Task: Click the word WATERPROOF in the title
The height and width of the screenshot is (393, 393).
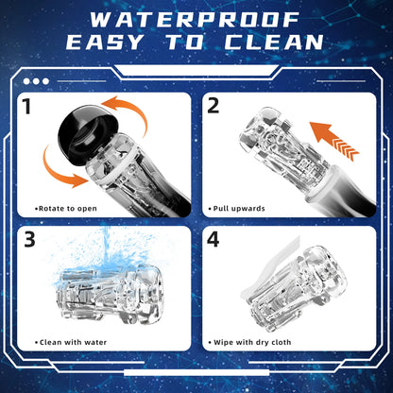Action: click(x=195, y=20)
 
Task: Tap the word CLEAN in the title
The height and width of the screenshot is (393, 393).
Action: click(x=274, y=42)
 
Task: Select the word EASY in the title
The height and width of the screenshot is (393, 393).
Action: click(x=105, y=42)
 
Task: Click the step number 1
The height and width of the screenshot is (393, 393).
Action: click(x=26, y=106)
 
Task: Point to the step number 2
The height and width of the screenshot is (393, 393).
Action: click(x=214, y=106)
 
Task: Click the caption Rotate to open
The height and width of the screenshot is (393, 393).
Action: click(x=67, y=209)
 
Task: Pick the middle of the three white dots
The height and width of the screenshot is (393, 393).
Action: click(x=36, y=81)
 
